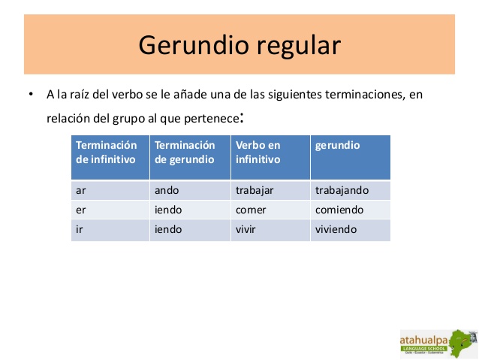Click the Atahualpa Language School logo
click(437, 342)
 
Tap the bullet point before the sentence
click(31, 95)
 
